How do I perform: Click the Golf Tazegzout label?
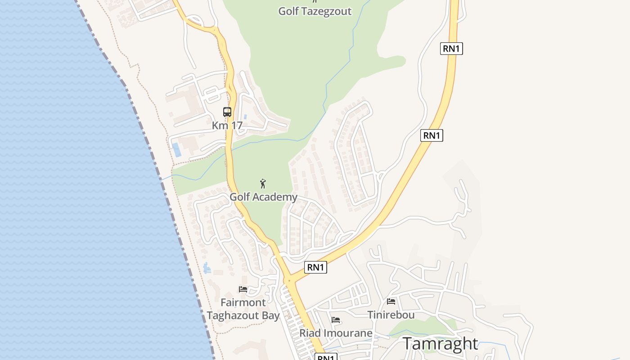pyautogui.click(x=315, y=11)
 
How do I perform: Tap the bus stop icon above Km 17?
pyautogui.click(x=227, y=112)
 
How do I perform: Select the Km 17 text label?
pyautogui.click(x=227, y=126)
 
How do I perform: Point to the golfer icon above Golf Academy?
pyautogui.click(x=263, y=184)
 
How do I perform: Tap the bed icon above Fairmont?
pyautogui.click(x=243, y=289)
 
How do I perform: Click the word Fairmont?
pyautogui.click(x=243, y=302)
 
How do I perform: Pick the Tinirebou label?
pyautogui.click(x=391, y=315)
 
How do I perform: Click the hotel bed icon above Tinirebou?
pyautogui.click(x=391, y=301)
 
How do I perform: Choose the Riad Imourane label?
pyautogui.click(x=336, y=333)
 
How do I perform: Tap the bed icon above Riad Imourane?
pyautogui.click(x=336, y=320)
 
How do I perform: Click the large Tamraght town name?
pyautogui.click(x=440, y=343)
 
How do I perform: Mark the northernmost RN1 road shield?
pyautogui.click(x=451, y=49)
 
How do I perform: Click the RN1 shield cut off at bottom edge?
pyautogui.click(x=326, y=357)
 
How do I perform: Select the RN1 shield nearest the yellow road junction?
pyautogui.click(x=315, y=267)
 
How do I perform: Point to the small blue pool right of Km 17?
pyautogui.click(x=245, y=117)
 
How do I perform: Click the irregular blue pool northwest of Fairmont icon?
pyautogui.click(x=207, y=268)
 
